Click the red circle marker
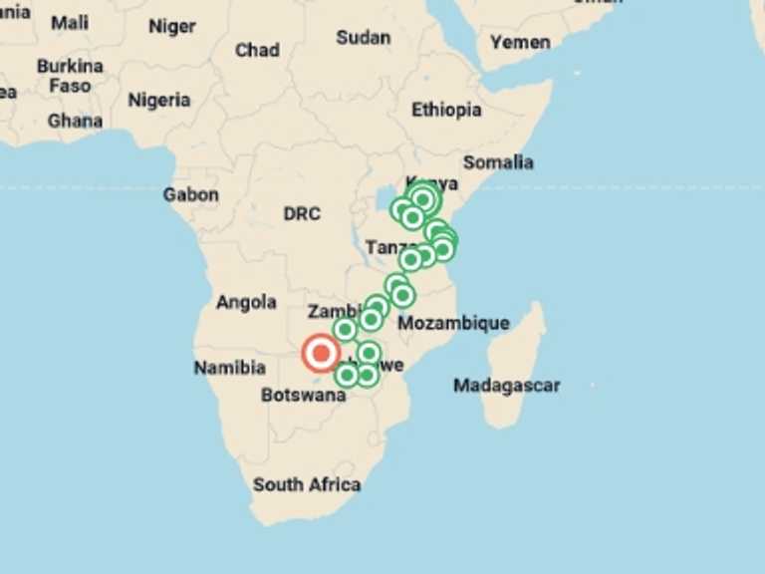[x=321, y=353]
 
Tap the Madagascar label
[x=506, y=385]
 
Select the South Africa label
[x=306, y=484]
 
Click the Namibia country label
[x=229, y=368]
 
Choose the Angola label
[x=246, y=302]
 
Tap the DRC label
[x=302, y=213]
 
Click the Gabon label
[x=190, y=194]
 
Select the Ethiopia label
[x=446, y=110]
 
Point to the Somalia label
[x=497, y=161]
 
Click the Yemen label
[x=520, y=42]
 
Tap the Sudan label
[x=363, y=37]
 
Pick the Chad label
[x=257, y=50]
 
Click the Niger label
[x=171, y=26]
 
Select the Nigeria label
[x=158, y=100]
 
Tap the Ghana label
[x=75, y=121]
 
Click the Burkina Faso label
[x=70, y=76]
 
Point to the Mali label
[x=70, y=22]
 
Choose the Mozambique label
[x=453, y=323]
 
